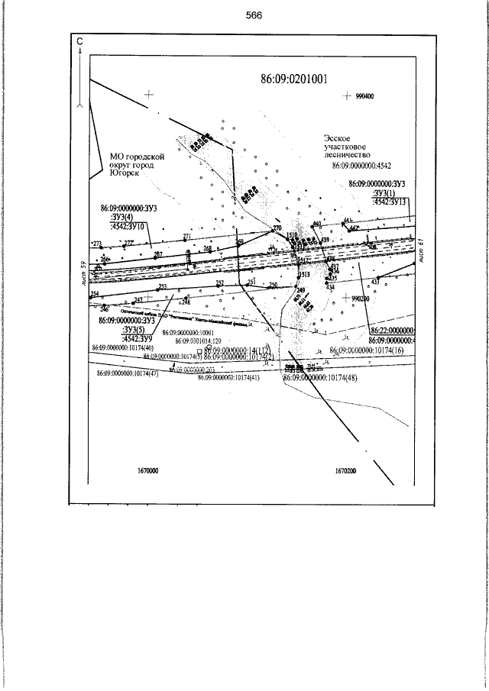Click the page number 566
[x=254, y=17]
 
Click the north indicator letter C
[x=80, y=43]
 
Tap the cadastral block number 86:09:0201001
[x=294, y=79]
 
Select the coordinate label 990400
[x=368, y=97]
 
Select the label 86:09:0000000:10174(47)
[x=128, y=374]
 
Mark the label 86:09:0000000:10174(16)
[x=370, y=350]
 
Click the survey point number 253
[x=162, y=286]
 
